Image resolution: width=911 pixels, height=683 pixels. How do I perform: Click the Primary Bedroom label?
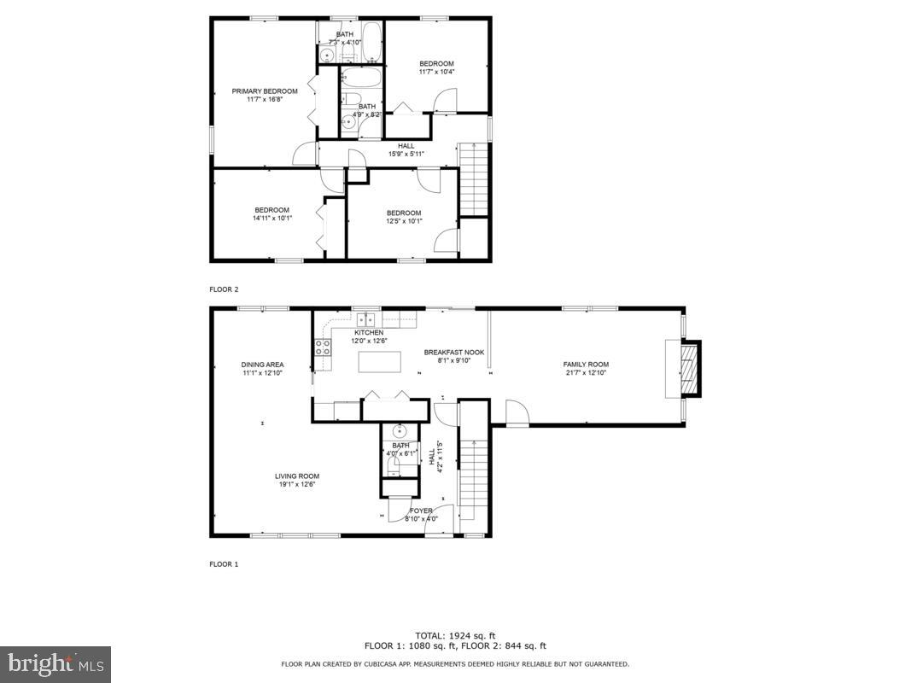click(x=265, y=91)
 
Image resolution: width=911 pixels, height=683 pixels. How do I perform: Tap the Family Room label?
click(x=586, y=365)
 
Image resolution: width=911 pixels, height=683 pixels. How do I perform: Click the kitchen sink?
click(x=366, y=319)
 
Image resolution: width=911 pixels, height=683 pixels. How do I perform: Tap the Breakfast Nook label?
click(x=454, y=352)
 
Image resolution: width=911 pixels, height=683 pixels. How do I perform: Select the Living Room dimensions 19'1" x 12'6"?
click(x=296, y=485)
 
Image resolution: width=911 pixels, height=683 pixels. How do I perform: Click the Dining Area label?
click(x=262, y=365)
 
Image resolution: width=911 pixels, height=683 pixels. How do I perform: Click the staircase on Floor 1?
click(x=472, y=470)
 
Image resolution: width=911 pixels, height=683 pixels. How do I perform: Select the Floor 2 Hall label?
click(x=406, y=146)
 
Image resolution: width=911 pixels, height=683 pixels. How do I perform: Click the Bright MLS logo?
click(x=55, y=663)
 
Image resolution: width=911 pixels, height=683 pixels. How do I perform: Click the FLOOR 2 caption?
click(x=224, y=289)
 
